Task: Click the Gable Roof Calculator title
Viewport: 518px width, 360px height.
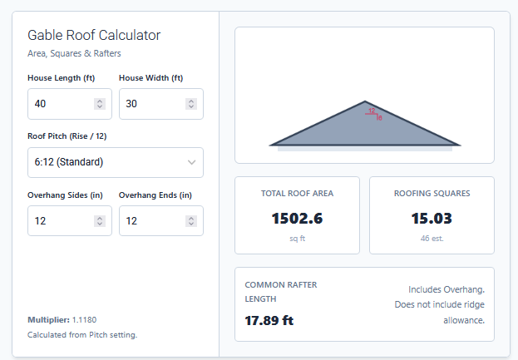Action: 94,35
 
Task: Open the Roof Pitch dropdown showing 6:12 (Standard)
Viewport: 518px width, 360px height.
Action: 115,162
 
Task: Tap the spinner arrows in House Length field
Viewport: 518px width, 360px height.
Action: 100,104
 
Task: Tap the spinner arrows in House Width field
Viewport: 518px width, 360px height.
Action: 191,104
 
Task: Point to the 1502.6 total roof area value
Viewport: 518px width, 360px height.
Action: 297,219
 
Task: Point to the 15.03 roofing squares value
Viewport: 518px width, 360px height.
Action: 432,219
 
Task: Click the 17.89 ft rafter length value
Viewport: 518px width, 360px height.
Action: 269,320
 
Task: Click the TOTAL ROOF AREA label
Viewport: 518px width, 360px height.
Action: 297,194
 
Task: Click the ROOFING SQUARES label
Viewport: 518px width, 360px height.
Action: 432,194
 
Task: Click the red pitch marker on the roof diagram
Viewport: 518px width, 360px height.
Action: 373,114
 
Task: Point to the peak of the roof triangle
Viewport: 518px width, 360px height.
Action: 365,102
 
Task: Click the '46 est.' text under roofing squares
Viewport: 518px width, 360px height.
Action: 432,238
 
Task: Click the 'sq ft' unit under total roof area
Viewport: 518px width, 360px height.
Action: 297,238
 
